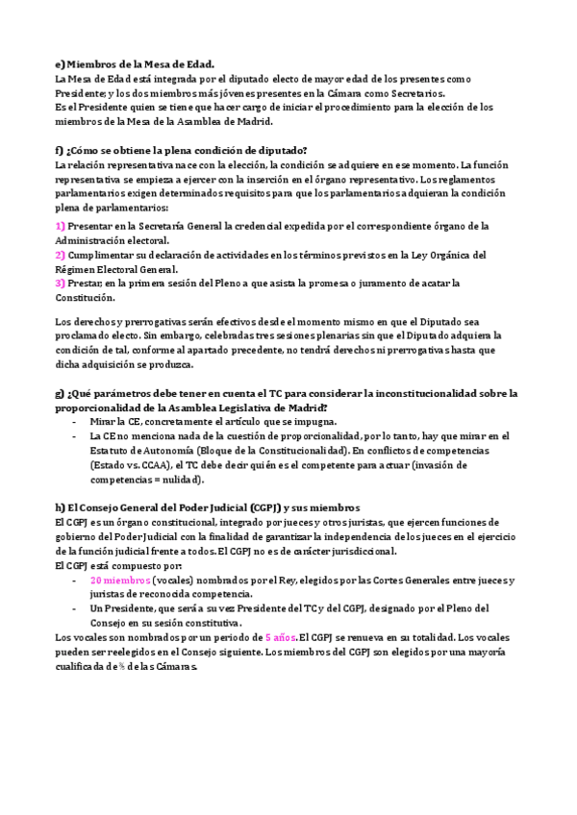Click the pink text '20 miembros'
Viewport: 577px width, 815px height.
coord(120,580)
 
